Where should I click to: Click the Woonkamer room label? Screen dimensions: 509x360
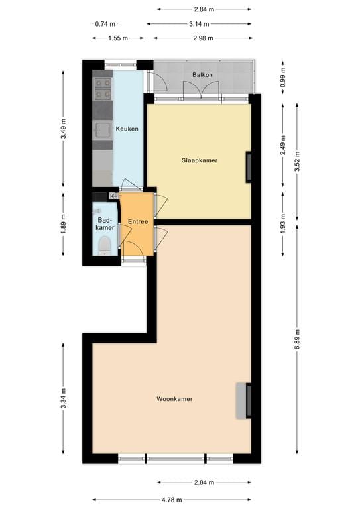pos(174,399)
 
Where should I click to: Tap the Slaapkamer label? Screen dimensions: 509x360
pos(200,160)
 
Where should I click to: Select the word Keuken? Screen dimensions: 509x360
pos(127,129)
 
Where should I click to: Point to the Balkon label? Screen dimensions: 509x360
pos(202,75)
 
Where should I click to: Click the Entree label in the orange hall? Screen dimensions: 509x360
pos(137,222)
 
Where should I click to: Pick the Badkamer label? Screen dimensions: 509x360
pos(105,223)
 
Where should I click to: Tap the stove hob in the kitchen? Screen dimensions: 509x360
pos(103,89)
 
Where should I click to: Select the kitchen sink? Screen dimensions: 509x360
pos(102,129)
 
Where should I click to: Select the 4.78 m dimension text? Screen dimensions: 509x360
pos(171,500)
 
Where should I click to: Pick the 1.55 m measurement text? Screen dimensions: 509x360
pos(117,38)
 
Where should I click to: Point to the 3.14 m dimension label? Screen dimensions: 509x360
pos(200,24)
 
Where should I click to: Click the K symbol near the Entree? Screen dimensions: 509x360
pos(112,196)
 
